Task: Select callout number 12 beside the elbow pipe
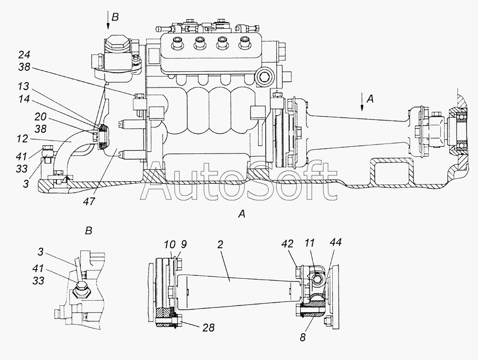coord(23,139)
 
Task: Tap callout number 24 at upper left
coord(24,55)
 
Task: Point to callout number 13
coord(23,87)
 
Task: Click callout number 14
coord(23,99)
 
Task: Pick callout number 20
coord(40,117)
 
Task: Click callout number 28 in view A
coord(208,327)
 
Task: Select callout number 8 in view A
coord(303,338)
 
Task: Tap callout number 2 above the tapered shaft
coord(220,244)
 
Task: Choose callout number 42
coord(287,243)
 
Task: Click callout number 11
coord(310,243)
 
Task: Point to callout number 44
coord(336,242)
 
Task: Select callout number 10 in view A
coord(170,244)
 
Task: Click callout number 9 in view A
coord(183,244)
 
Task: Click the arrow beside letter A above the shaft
coord(362,103)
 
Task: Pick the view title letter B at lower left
coord(88,231)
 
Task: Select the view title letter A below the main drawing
coord(241,214)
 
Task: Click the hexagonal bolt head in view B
coord(82,290)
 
